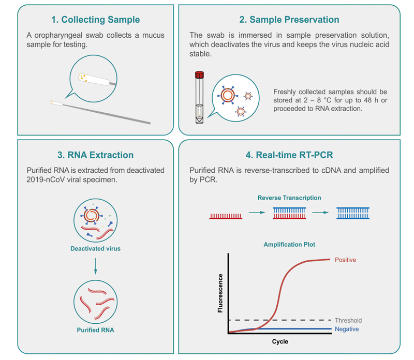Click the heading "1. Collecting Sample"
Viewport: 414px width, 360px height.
95,20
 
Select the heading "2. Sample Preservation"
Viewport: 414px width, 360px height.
289,20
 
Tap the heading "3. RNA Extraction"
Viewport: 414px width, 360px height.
95,155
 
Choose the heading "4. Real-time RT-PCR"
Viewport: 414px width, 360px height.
289,155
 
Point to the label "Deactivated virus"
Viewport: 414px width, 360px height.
95,249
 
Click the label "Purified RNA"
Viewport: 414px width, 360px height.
95,329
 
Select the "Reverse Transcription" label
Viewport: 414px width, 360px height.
289,198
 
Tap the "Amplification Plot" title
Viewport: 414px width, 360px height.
289,244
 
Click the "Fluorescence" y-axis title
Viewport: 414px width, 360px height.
221,293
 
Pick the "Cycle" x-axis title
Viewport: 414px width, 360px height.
279,342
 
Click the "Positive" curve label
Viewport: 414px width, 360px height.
345,259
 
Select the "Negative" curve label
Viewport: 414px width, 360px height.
346,329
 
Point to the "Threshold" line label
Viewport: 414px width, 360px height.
348,321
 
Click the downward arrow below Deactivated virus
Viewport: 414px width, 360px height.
95,267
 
